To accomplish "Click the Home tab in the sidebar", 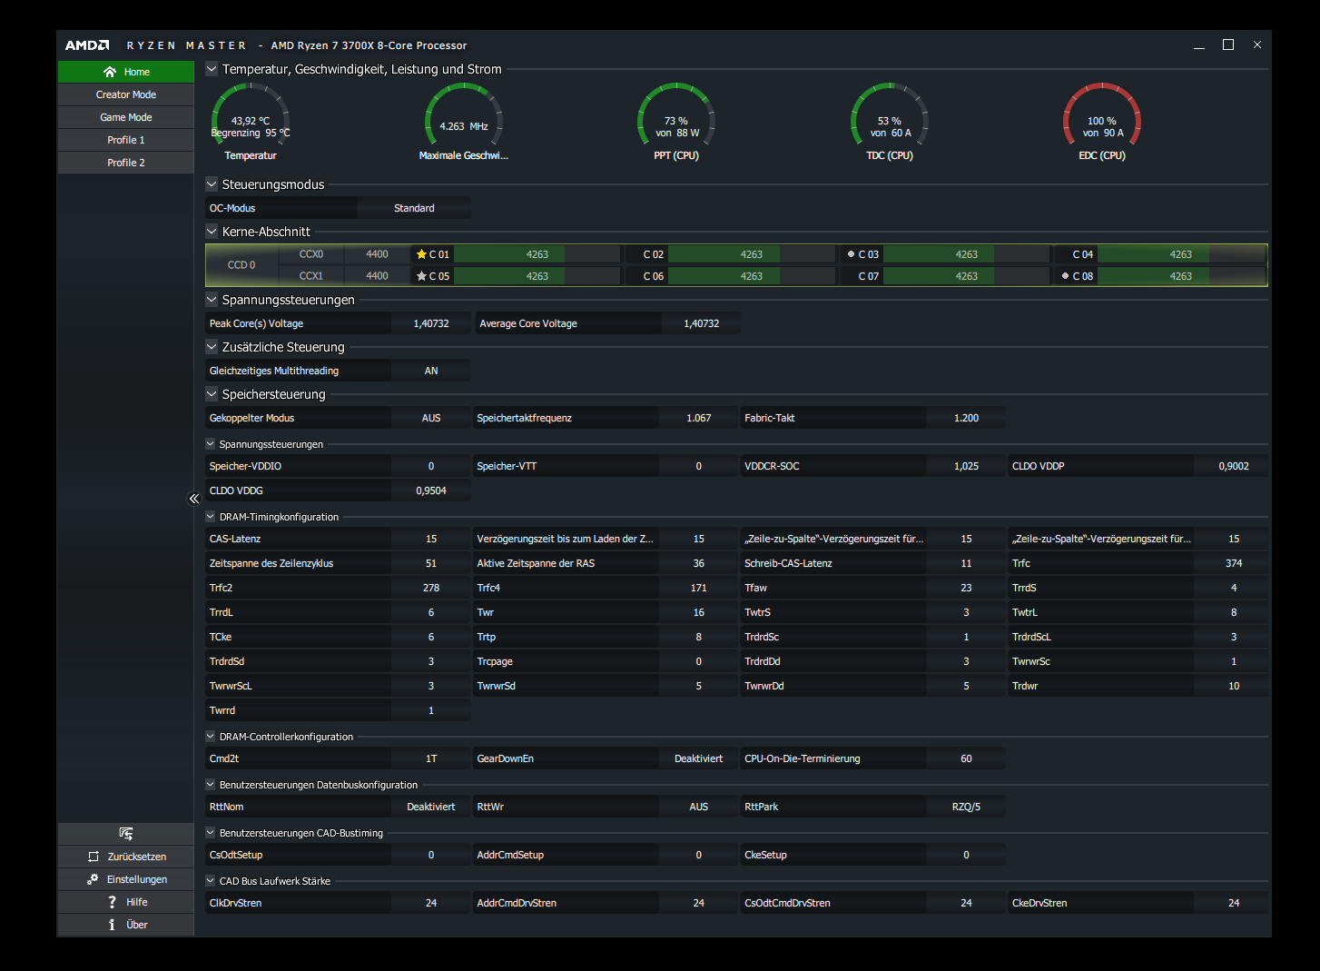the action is coord(126,72).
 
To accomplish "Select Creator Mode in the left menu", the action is coord(126,94).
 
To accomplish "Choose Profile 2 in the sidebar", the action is coord(126,163).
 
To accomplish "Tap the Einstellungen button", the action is coord(126,879).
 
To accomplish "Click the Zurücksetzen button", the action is coord(126,857).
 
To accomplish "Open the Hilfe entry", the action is coord(126,902).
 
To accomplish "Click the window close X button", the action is coord(1257,45).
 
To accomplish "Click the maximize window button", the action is coord(1228,45).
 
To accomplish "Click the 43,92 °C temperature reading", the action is coord(251,121).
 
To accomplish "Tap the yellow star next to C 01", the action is coord(421,254).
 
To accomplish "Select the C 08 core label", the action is coord(1082,276).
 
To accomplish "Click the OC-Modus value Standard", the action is coord(414,208).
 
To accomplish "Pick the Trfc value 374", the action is coord(1234,563).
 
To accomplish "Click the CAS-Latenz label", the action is coord(235,539).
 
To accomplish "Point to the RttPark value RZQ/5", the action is coord(966,807).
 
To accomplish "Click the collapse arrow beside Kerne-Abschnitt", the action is coord(212,232).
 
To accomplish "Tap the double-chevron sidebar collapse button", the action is coord(194,499).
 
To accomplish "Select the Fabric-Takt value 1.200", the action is coord(966,418).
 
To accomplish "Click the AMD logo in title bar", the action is coord(87,45).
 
